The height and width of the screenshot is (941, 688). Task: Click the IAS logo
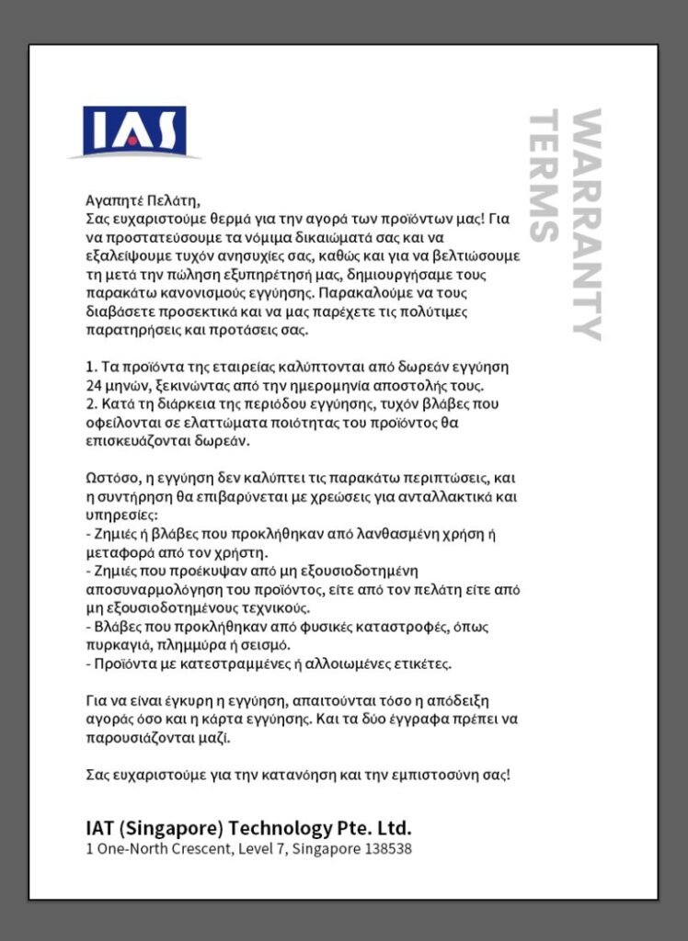pyautogui.click(x=134, y=130)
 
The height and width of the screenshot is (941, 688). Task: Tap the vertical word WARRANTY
pyautogui.click(x=586, y=225)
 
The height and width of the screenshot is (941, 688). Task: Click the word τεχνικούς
pyautogui.click(x=276, y=608)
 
